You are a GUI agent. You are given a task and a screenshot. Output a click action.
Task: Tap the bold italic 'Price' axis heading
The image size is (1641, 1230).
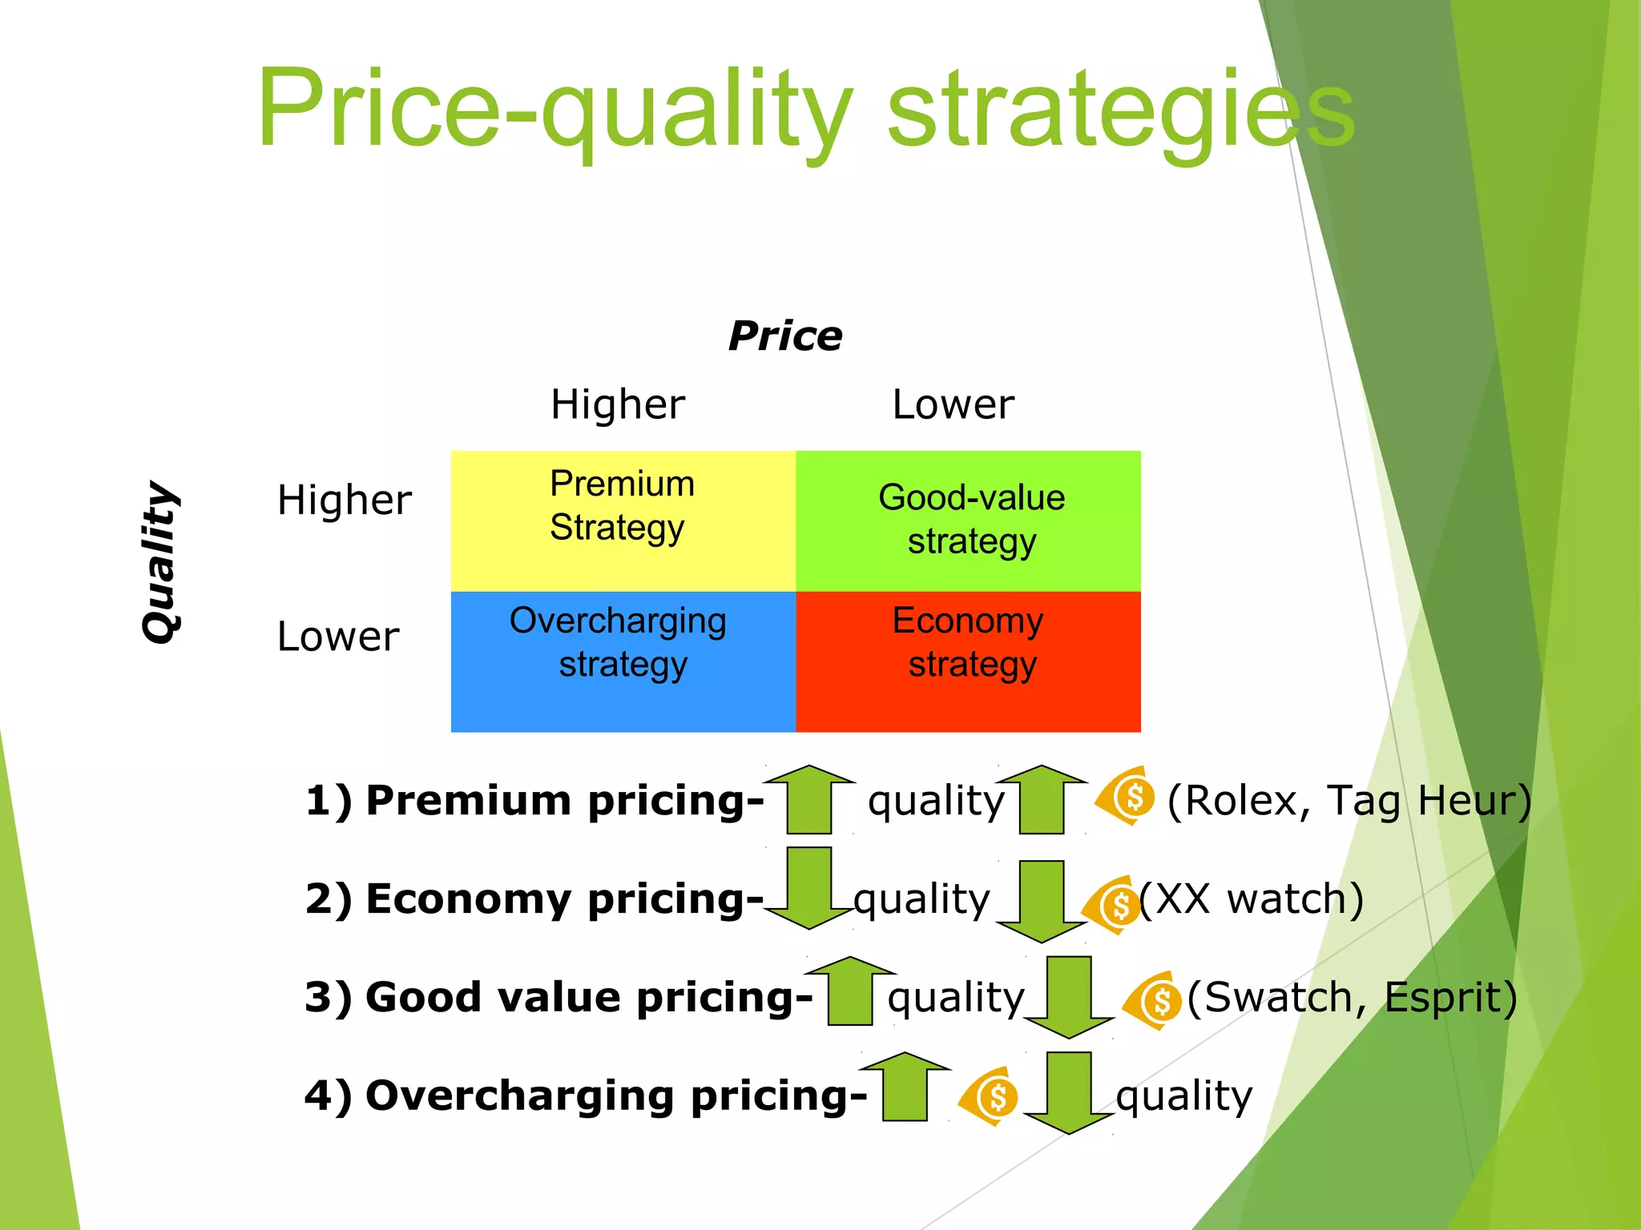pos(785,336)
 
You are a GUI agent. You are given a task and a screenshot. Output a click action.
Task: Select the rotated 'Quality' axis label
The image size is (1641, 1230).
pos(160,561)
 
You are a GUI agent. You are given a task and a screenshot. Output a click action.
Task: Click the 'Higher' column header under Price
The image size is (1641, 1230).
pos(618,404)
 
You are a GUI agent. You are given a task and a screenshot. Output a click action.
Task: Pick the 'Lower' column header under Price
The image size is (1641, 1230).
pos(953,404)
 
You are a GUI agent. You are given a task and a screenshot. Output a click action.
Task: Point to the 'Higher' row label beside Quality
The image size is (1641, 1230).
pos(344,500)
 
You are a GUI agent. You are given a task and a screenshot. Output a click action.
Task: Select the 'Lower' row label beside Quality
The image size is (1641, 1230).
pos(337,637)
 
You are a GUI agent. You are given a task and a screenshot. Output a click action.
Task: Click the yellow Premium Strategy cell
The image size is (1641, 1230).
pos(623,521)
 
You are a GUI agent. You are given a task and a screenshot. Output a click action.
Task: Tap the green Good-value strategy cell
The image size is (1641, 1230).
pos(968,521)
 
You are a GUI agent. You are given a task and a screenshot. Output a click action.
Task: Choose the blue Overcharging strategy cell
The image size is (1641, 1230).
pos(623,661)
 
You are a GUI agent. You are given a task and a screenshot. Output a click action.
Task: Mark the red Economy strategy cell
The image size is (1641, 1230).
pos(968,661)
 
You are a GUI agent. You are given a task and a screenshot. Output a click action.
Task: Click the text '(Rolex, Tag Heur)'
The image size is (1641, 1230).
pos(1349,800)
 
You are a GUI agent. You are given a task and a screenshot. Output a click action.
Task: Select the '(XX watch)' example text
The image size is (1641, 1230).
pos(1252,898)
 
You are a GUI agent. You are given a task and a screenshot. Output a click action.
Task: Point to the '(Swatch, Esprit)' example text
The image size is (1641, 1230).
pos(1352,997)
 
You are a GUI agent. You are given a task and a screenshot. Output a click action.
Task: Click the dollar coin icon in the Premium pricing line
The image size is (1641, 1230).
pos(1127,796)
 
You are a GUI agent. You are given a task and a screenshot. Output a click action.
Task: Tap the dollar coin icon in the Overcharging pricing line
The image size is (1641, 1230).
pos(990,1096)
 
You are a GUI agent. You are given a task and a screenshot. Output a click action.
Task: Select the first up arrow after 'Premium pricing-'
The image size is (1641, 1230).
pos(809,799)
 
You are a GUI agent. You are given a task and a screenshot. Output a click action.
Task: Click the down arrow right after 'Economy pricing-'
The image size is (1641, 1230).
pos(809,887)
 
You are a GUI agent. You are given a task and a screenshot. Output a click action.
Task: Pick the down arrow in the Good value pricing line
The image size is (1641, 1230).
pos(1069,997)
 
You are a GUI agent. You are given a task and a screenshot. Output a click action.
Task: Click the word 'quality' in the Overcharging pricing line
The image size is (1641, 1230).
pos(1183,1095)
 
